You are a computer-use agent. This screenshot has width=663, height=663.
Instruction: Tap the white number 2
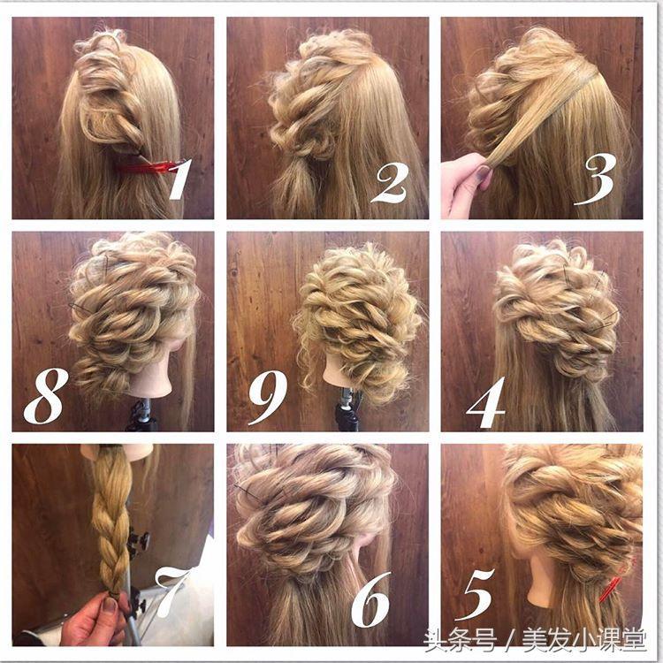[390, 183]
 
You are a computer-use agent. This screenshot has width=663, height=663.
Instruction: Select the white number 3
[595, 179]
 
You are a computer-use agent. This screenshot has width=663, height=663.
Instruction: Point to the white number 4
[487, 401]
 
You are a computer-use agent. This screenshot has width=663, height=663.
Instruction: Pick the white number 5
[475, 594]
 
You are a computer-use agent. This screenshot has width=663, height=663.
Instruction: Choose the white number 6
[370, 599]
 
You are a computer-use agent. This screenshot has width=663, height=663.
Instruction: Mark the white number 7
[171, 591]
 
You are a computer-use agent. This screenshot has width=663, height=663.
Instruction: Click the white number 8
[46, 396]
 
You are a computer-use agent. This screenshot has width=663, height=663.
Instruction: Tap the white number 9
[268, 397]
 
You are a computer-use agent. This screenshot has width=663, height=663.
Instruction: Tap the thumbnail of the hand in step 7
[110, 605]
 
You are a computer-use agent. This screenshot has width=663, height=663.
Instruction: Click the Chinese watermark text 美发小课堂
[584, 641]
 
